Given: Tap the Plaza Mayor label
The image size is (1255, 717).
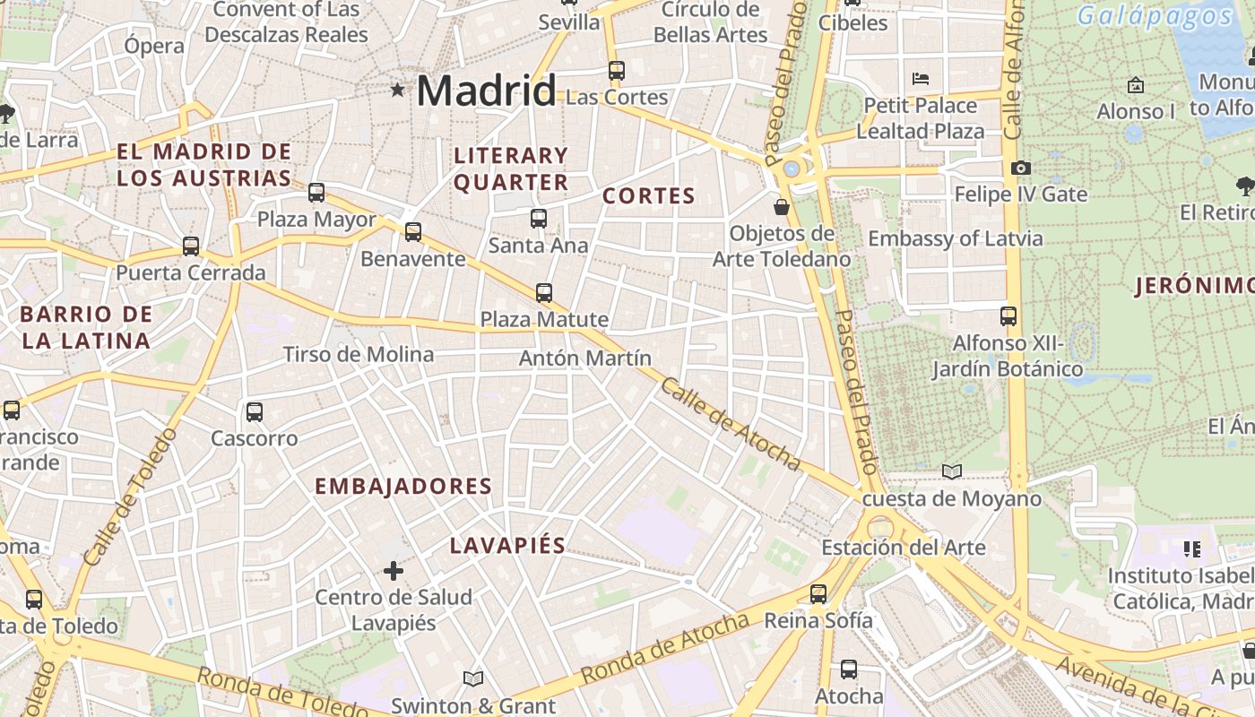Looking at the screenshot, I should (316, 220).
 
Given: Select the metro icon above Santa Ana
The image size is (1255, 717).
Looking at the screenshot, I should (538, 218).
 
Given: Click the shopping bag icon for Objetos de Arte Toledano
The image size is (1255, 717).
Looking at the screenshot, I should (782, 207).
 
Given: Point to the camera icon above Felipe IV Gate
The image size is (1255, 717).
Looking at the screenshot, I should (1020, 168).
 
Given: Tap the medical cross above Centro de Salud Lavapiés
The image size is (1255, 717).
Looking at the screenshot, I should (393, 570).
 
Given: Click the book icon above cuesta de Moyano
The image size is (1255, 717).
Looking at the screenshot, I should (951, 471).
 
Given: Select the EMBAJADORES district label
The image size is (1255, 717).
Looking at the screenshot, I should (403, 487).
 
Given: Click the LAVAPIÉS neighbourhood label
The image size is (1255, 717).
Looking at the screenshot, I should (507, 545).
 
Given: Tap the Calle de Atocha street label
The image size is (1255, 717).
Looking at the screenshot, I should (730, 423).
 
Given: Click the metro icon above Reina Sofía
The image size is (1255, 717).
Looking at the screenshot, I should (818, 593).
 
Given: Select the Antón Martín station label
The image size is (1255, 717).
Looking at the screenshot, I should (585, 358).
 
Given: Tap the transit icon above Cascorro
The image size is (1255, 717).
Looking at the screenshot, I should (255, 412).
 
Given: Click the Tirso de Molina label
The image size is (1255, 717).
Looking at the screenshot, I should (359, 355).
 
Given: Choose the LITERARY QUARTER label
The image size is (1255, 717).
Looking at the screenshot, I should (511, 168).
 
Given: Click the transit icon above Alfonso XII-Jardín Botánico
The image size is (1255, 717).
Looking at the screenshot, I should (1008, 315).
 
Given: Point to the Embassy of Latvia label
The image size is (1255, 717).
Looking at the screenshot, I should (956, 238).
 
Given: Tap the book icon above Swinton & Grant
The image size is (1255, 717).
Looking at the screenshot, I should (473, 678).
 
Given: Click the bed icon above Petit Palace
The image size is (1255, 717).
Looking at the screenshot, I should (921, 79).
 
